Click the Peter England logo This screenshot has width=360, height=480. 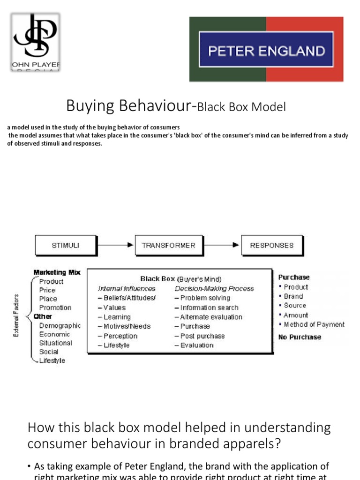coord(266,50)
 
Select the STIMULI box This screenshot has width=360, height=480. coord(66,245)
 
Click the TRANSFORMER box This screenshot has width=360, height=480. coord(168,245)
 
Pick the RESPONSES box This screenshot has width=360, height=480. coord(271,245)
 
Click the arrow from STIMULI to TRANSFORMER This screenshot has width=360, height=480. coord(115,245)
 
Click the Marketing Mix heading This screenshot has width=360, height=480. coord(57,272)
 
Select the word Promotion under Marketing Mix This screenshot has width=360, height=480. coord(55,307)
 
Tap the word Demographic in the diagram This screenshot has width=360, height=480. coord(60,325)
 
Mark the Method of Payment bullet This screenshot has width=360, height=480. coord(314,324)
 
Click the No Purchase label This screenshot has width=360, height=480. coord(300,337)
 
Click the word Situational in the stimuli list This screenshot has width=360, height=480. coord(56,343)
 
